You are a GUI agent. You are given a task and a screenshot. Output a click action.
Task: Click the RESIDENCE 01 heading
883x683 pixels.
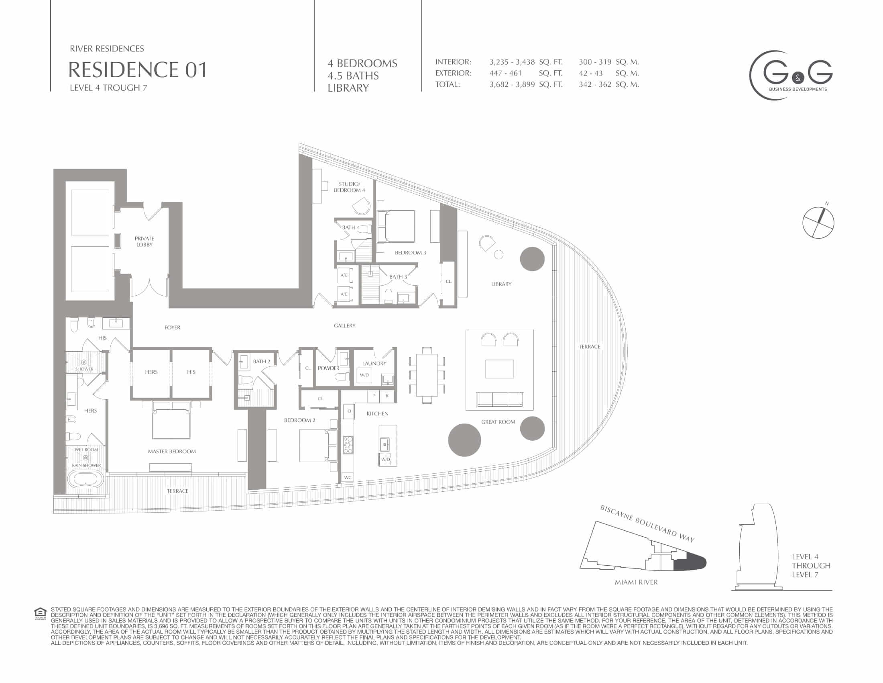137,70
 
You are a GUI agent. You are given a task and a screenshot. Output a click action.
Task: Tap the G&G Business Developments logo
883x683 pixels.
791,75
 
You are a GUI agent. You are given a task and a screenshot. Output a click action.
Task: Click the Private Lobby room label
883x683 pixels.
144,241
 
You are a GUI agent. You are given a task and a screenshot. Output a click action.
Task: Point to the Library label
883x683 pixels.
501,284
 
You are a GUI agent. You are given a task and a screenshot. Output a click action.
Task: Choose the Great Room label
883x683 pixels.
498,421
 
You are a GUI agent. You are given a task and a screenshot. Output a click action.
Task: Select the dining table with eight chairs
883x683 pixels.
427,375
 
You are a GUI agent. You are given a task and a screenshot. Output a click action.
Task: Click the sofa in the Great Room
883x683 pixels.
500,400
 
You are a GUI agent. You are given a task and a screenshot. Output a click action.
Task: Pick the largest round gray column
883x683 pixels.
464,440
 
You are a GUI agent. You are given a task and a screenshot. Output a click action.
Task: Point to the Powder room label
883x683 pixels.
328,368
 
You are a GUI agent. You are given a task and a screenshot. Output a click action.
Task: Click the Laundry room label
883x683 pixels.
374,363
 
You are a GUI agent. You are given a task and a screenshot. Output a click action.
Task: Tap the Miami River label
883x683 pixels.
636,582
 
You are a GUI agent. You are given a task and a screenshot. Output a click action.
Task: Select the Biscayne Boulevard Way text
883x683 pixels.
647,523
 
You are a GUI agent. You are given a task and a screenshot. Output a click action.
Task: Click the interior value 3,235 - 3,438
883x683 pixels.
512,62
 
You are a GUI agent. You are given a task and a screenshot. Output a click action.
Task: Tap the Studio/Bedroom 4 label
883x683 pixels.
349,187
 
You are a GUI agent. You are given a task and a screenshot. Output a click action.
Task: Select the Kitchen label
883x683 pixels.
377,413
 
